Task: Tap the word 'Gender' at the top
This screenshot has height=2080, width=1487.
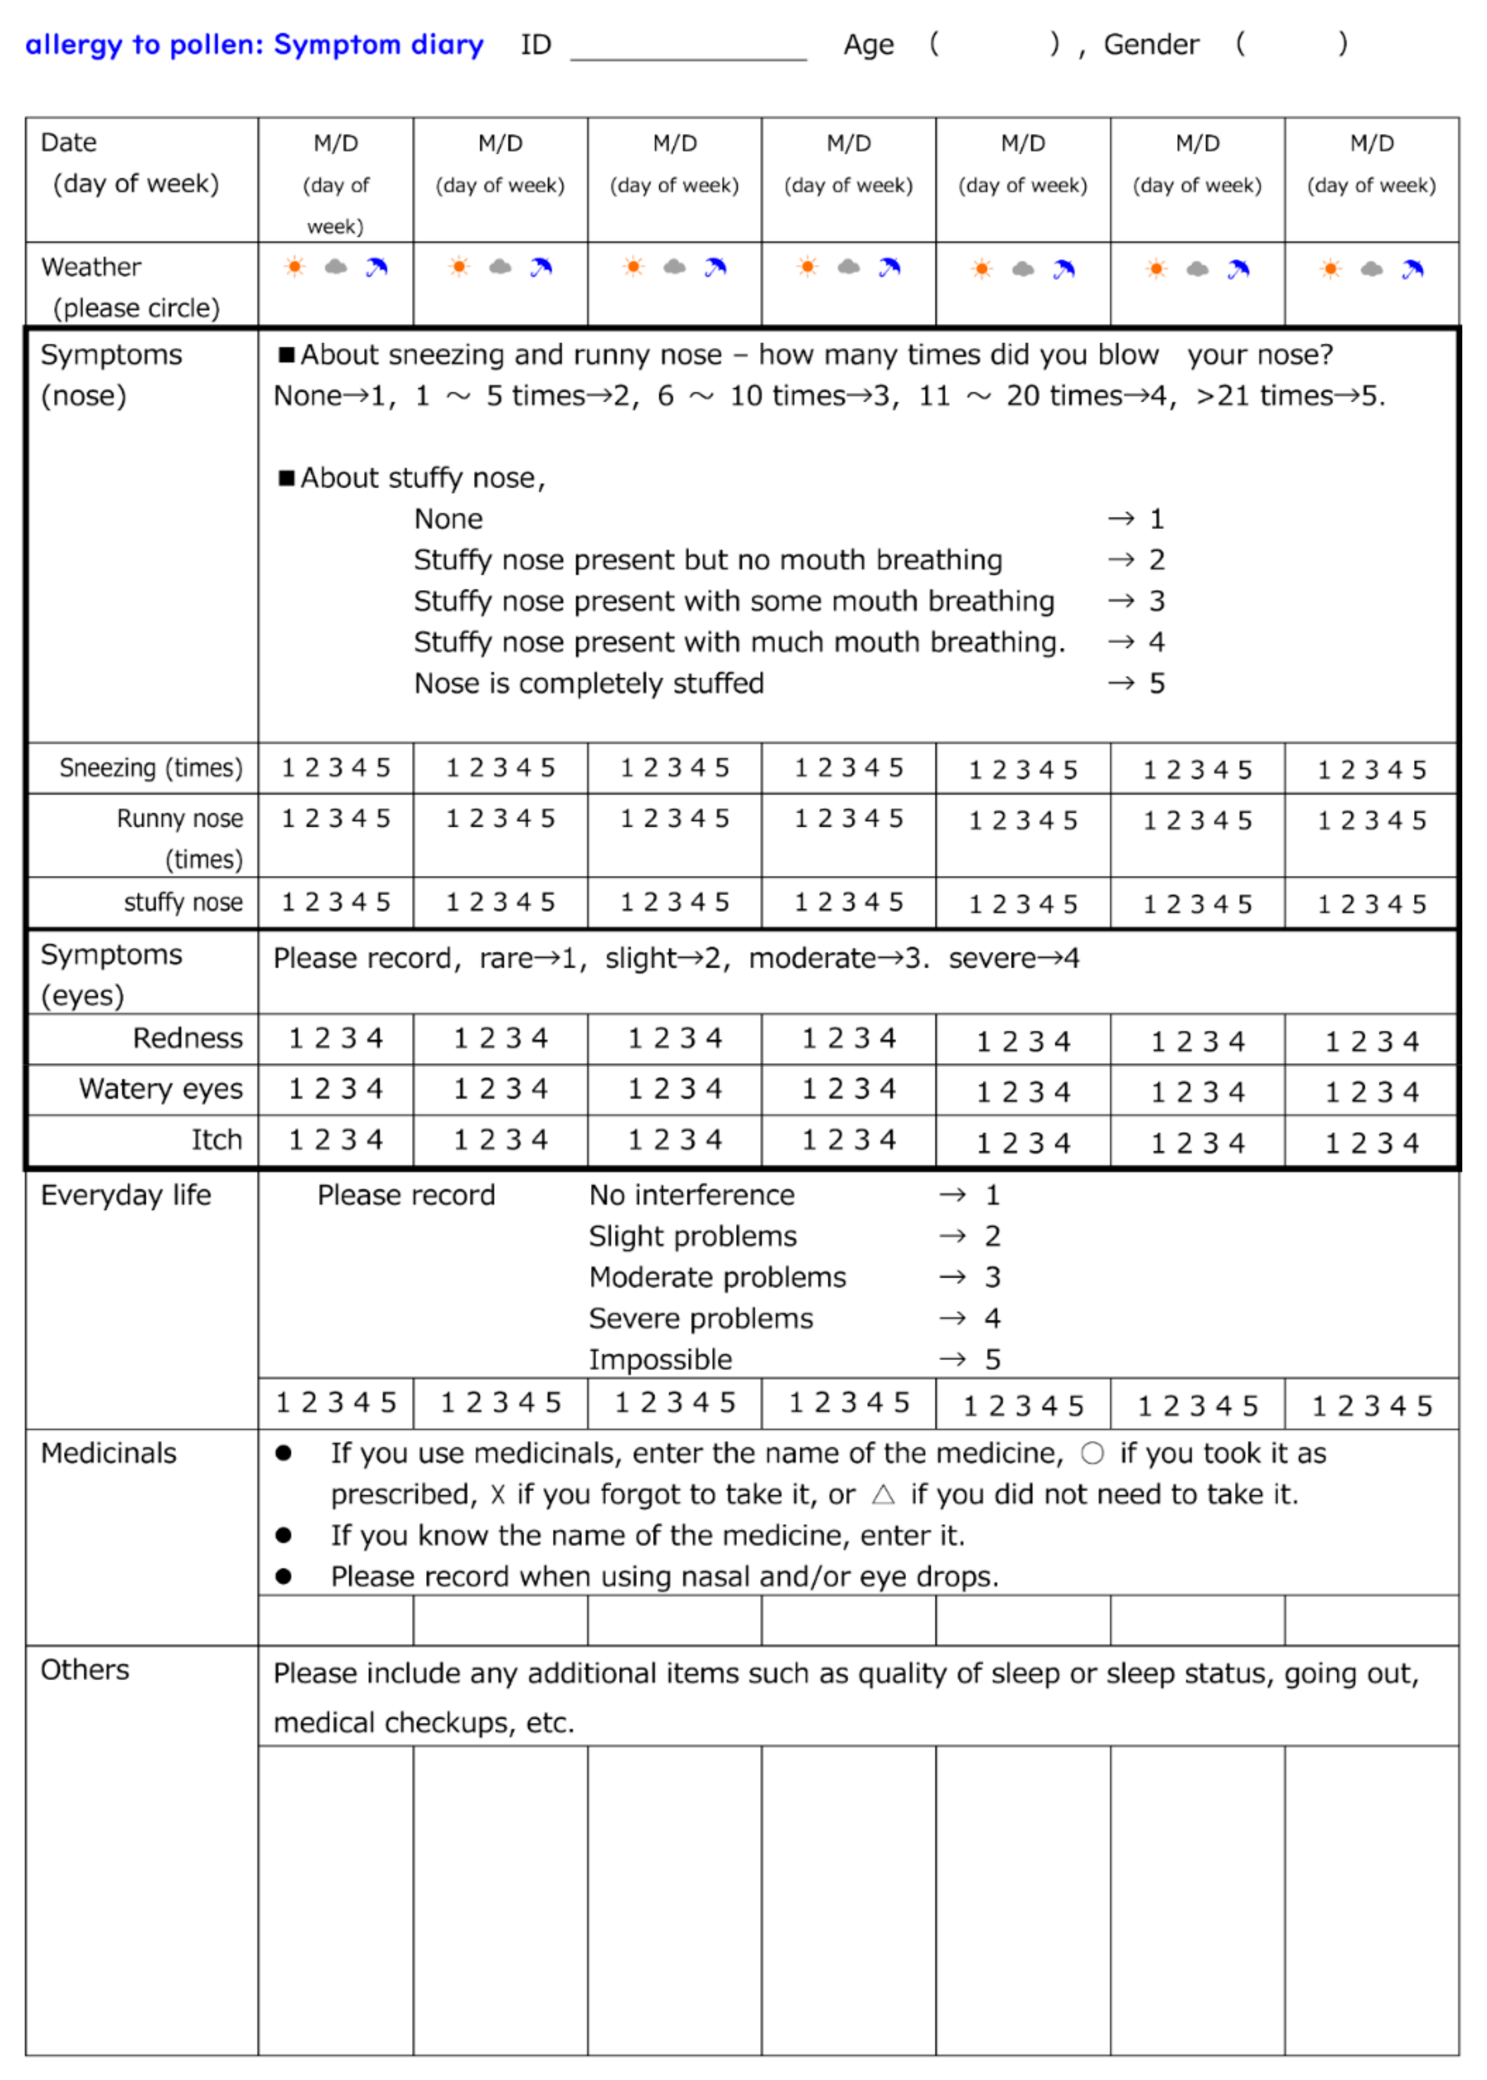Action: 1151,45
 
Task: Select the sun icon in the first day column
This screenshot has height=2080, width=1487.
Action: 295,267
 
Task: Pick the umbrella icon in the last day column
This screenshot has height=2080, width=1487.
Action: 1413,269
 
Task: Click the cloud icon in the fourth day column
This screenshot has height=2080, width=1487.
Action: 849,267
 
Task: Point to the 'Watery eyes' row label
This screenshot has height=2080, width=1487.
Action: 161,1088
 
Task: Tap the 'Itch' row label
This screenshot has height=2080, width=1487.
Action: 217,1140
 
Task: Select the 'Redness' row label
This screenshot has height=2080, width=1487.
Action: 188,1038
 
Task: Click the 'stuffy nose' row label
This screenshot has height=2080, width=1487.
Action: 183,903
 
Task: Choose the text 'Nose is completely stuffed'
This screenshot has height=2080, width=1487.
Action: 589,684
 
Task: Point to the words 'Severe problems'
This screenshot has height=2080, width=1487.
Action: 701,1318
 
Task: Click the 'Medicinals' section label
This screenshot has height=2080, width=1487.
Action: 109,1453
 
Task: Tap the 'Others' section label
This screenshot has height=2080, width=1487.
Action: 85,1670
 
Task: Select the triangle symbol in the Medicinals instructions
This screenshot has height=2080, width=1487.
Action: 882,1495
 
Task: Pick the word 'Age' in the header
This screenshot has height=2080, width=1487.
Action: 868,45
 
